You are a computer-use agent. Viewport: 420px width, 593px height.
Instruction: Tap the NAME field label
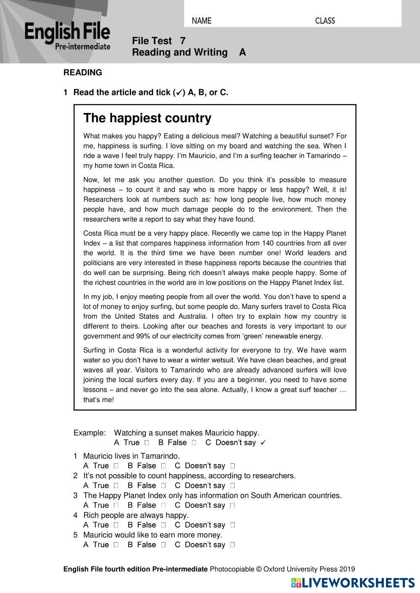click(202, 21)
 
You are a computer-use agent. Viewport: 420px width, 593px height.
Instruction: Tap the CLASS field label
click(325, 21)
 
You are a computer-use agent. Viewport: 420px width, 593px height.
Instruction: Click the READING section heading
click(83, 73)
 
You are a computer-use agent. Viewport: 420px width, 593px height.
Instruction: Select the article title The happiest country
click(147, 118)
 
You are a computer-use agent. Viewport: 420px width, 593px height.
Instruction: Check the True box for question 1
click(116, 466)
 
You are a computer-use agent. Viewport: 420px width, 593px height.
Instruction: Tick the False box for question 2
click(163, 485)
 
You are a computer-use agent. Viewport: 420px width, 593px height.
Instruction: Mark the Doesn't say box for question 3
click(232, 505)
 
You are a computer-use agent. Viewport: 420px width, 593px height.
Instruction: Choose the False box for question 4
click(163, 525)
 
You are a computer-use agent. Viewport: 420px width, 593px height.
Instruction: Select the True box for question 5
click(116, 545)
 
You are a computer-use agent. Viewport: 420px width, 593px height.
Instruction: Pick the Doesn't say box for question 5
click(232, 545)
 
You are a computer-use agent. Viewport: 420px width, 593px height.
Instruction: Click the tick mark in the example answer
click(263, 443)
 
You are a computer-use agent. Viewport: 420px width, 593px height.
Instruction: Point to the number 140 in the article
click(268, 243)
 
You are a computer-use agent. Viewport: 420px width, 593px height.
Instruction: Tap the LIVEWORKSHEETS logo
click(353, 583)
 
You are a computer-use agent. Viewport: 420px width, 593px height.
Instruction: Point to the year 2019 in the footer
click(347, 569)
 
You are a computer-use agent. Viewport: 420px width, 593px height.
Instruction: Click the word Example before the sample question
click(89, 433)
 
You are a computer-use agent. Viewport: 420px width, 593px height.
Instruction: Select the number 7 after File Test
click(182, 41)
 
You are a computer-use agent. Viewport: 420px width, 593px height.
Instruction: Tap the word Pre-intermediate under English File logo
click(83, 47)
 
